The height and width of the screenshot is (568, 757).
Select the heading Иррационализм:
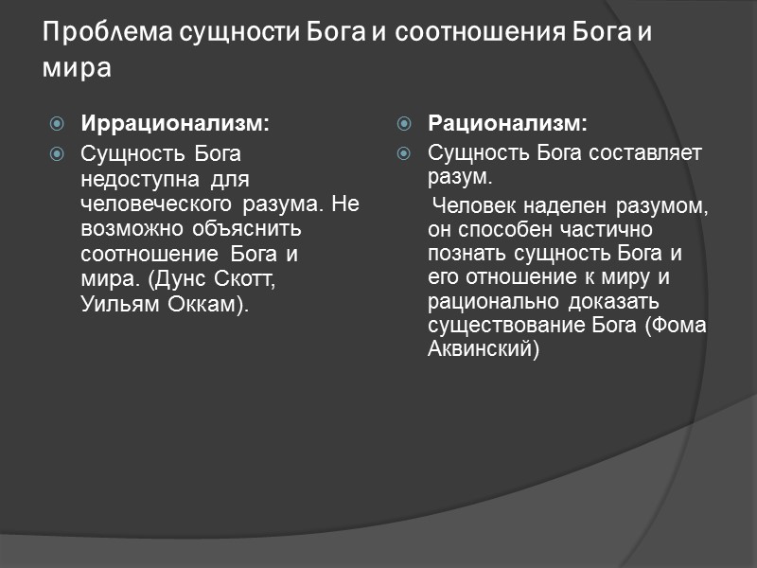pyautogui.click(x=175, y=123)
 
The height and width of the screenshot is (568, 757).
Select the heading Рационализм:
pyautogui.click(x=507, y=123)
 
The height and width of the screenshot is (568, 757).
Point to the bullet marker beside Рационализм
pyautogui.click(x=405, y=124)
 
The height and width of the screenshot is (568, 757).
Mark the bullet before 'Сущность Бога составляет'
pyautogui.click(x=405, y=152)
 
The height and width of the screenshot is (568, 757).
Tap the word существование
pyautogui.click(x=501, y=326)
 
